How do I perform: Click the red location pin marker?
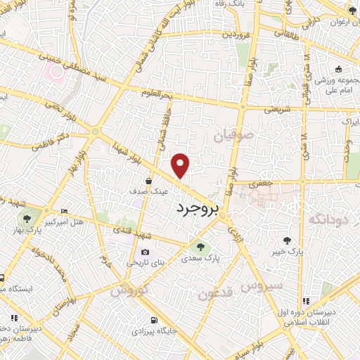coord(181,165)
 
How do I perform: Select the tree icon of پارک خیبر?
coord(286,239)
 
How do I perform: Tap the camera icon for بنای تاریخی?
coord(145,252)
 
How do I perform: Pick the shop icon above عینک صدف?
coord(150,181)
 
